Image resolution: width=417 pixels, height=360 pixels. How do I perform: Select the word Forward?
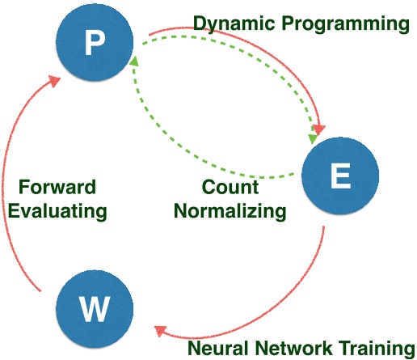57,188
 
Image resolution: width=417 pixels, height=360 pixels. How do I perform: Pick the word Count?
231,188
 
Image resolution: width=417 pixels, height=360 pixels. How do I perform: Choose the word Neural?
217,348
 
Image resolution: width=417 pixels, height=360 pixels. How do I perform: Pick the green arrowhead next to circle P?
136,61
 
